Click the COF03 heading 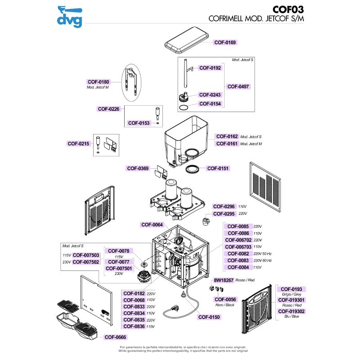click(292, 10)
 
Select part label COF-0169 click(225, 42)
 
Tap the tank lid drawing click(188, 39)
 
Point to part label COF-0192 click(210, 68)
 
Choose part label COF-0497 click(238, 86)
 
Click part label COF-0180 click(99, 82)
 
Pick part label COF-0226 click(108, 108)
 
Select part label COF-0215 click(78, 144)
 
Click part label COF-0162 click(227, 136)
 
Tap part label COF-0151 click(218, 168)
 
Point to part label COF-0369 click(138, 168)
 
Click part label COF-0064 click(152, 225)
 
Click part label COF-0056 click(225, 299)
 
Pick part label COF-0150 click(209, 317)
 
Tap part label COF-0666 click(116, 337)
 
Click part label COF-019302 click(291, 311)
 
